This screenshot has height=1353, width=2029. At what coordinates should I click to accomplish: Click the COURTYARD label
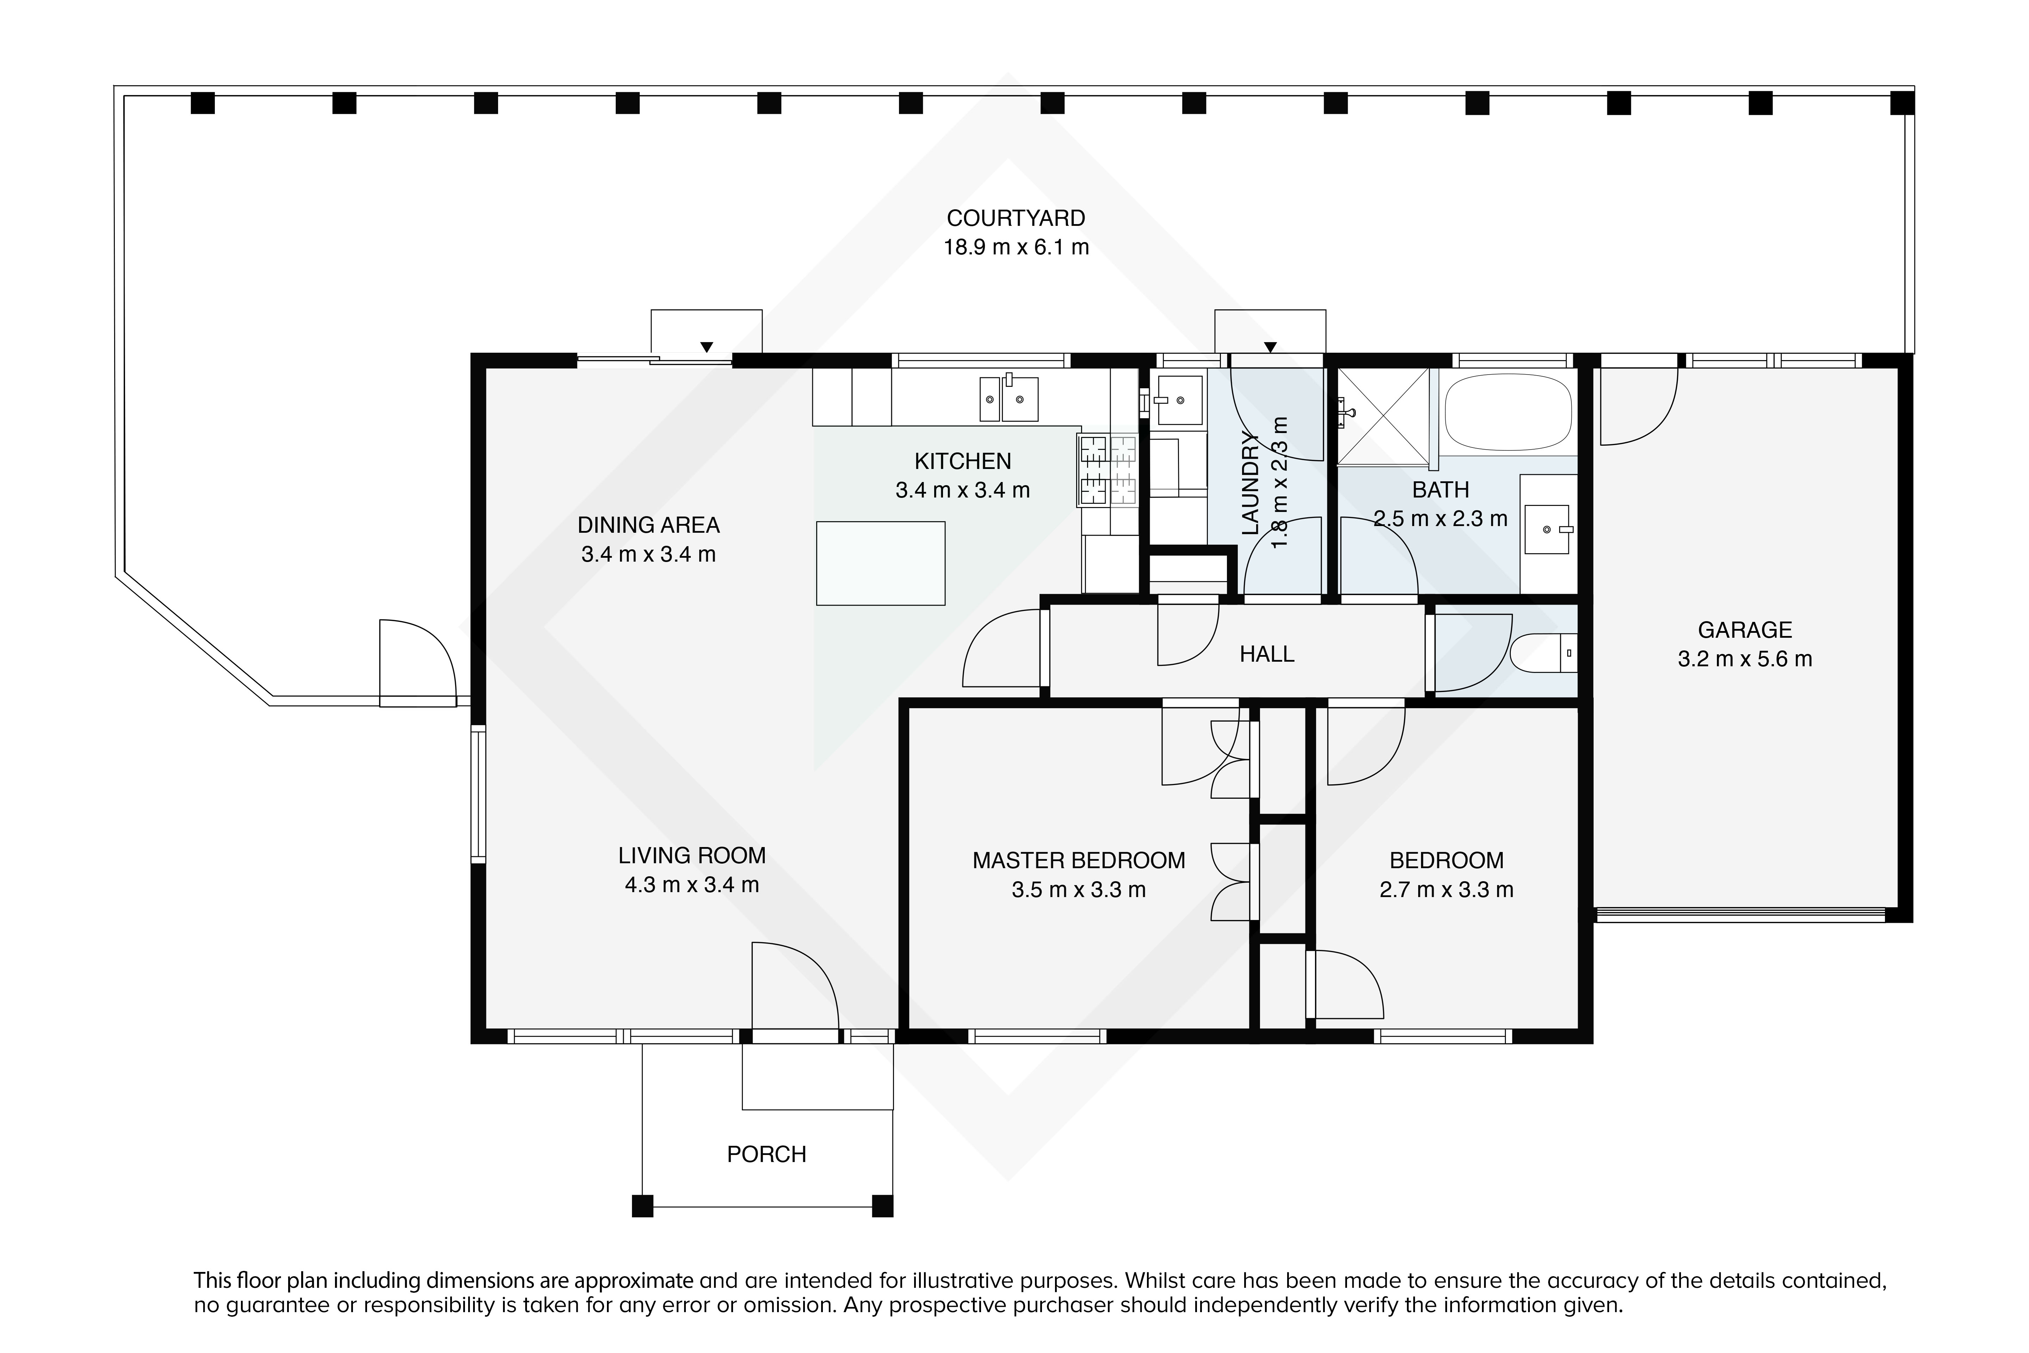(1015, 218)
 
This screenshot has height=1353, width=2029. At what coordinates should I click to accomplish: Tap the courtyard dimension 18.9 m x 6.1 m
(1015, 248)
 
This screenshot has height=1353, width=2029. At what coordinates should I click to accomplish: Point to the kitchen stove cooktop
(1107, 470)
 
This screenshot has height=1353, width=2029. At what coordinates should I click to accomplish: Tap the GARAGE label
(1744, 630)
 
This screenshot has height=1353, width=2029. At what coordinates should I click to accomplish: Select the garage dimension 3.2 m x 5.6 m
(1744, 659)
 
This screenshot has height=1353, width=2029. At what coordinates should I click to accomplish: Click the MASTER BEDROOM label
(1078, 860)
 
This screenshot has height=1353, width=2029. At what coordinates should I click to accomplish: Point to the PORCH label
(766, 1155)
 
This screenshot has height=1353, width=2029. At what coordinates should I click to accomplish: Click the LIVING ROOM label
(692, 855)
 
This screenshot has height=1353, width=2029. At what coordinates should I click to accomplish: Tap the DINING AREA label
(649, 525)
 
